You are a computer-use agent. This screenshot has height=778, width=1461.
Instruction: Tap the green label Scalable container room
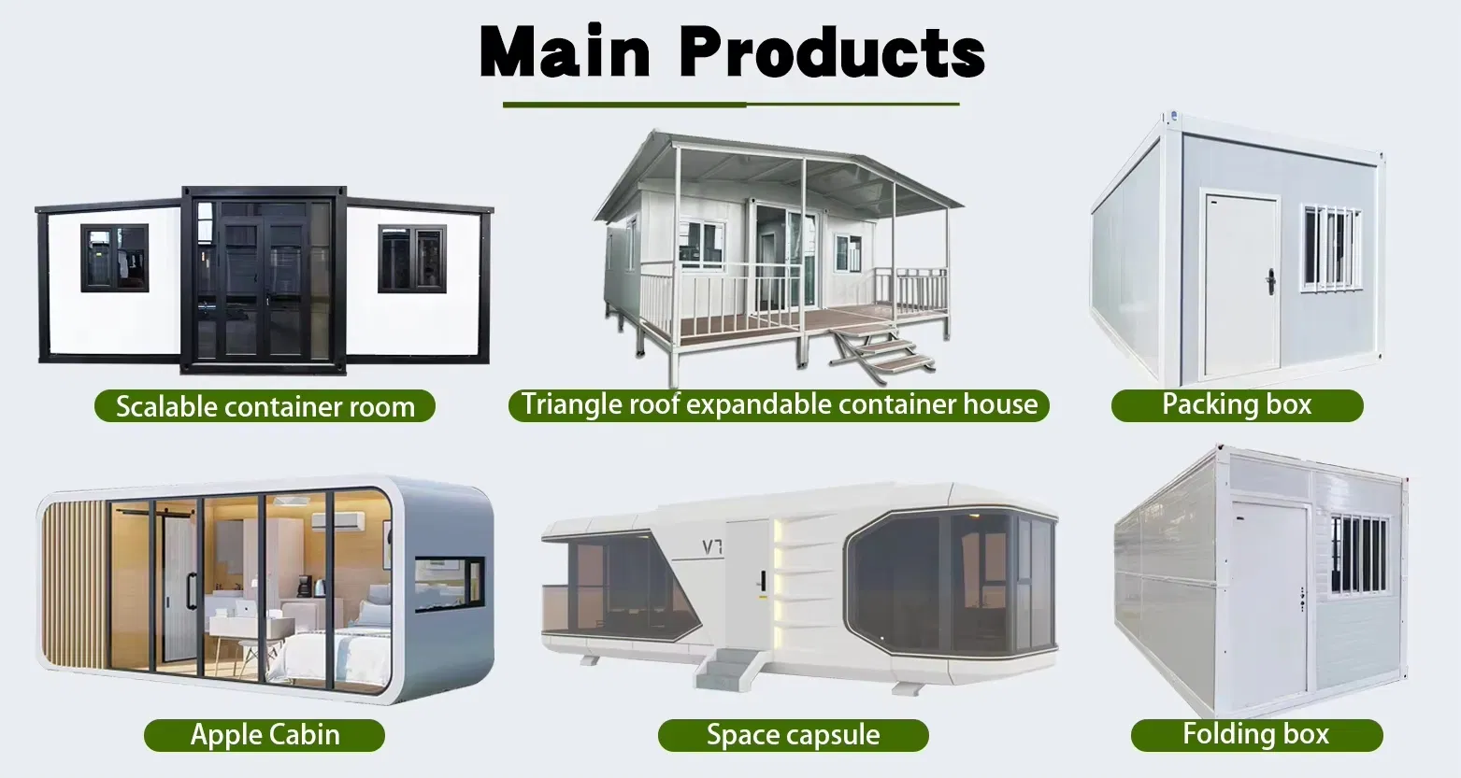(265, 406)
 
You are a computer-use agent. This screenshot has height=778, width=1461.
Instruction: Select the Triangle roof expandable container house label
(779, 404)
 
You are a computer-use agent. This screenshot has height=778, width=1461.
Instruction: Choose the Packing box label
(1236, 404)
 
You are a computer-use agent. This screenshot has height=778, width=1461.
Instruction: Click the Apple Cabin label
(265, 734)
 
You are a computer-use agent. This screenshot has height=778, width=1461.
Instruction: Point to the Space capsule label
(793, 735)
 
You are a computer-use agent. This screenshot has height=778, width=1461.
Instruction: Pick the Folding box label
(1255, 734)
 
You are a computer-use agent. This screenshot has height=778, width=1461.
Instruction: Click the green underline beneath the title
(731, 105)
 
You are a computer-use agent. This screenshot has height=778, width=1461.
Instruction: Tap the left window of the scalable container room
(114, 258)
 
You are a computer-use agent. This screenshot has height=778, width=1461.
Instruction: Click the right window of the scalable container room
(412, 259)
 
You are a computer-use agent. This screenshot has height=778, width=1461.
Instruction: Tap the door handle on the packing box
(1270, 281)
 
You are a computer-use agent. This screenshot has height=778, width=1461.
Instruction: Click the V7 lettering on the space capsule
(713, 545)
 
